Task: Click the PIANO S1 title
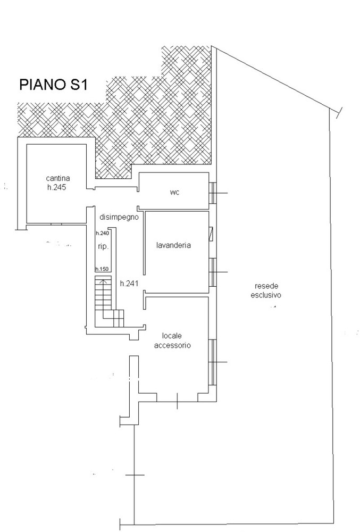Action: (x=54, y=85)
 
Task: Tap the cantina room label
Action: (x=58, y=178)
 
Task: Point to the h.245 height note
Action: (x=56, y=187)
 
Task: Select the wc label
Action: (x=174, y=193)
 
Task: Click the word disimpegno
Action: (x=119, y=217)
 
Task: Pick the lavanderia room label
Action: (x=173, y=245)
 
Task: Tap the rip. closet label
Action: (x=103, y=247)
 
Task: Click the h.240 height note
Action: (x=102, y=233)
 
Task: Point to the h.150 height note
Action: (x=102, y=269)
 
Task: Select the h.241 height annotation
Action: (x=129, y=284)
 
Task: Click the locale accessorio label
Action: (x=172, y=340)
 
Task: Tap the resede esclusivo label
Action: (x=266, y=291)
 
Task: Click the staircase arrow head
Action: (x=104, y=280)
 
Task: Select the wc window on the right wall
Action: (x=212, y=193)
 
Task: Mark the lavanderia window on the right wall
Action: (x=212, y=272)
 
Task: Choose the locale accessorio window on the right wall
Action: (x=212, y=362)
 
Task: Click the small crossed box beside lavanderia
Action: (x=212, y=234)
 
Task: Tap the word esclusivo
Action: (x=266, y=295)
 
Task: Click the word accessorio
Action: (x=172, y=345)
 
